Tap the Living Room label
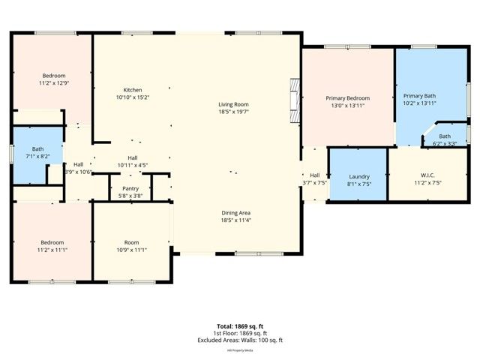click(x=233, y=104)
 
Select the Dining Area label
click(x=235, y=212)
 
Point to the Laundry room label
click(x=359, y=176)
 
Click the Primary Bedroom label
click(x=347, y=98)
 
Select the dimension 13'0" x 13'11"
click(x=347, y=106)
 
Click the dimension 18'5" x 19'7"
click(x=233, y=112)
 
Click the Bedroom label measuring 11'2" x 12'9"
click(x=53, y=76)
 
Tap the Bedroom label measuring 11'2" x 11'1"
click(x=52, y=242)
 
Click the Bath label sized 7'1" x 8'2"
click(x=37, y=149)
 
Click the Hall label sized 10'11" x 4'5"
click(x=132, y=157)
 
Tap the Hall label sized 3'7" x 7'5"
click(x=315, y=175)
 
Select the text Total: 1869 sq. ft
click(x=239, y=326)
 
